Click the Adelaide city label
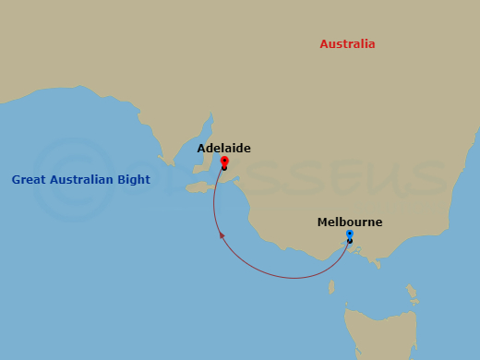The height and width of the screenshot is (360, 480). [x=223, y=148]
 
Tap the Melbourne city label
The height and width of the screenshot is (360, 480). [x=349, y=222]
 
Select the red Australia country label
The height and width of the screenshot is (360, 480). [x=347, y=44]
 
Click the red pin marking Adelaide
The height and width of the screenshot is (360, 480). [x=224, y=161]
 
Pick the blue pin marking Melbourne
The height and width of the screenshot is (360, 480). [x=349, y=234]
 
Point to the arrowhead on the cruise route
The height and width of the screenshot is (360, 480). [x=222, y=235]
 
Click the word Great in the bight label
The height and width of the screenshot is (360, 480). [x=30, y=179]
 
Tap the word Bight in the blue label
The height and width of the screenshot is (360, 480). [x=133, y=179]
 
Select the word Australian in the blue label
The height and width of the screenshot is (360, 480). [x=82, y=179]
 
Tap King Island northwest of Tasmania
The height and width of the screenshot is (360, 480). [x=330, y=287]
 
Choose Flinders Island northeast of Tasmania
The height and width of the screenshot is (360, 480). [x=410, y=294]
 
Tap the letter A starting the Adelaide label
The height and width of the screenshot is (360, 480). [x=201, y=148]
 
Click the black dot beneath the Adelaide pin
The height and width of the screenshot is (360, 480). [x=224, y=168]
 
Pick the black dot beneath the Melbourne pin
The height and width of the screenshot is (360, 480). [x=349, y=242]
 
